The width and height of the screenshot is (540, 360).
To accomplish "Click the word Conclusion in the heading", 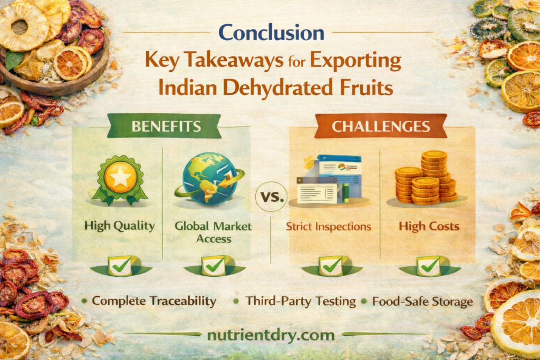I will pos(271,33).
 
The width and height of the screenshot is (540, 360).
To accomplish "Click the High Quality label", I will pos(120,227).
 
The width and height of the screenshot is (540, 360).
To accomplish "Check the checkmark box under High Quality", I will pos(120,266).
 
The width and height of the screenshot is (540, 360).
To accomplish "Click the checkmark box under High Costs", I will pos(428,266).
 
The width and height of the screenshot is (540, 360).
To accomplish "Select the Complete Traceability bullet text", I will pos(154,301).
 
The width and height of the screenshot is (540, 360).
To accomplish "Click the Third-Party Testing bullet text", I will pos(300,301).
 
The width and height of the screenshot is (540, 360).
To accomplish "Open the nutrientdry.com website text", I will pos(271,335).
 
